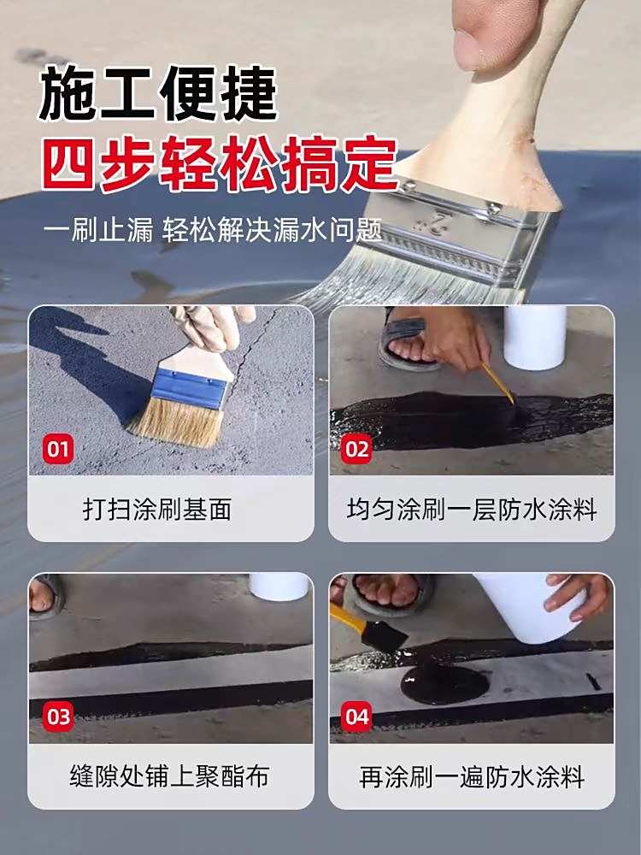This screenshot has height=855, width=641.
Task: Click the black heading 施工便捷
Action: pyautogui.click(x=159, y=93)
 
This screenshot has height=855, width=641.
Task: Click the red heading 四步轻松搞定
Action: pyautogui.click(x=221, y=163)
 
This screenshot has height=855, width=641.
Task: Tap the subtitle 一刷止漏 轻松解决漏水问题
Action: pyautogui.click(x=213, y=229)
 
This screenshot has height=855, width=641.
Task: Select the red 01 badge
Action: pyautogui.click(x=58, y=449)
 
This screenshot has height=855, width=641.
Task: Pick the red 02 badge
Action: pyautogui.click(x=357, y=449)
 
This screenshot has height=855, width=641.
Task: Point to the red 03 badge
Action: pyautogui.click(x=58, y=716)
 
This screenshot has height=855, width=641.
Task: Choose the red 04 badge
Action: pyautogui.click(x=357, y=716)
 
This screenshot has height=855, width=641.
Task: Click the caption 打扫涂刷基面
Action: pyautogui.click(x=157, y=509)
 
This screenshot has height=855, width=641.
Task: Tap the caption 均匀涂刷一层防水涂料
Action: pyautogui.click(x=472, y=509)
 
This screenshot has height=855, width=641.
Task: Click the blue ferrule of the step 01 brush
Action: pyautogui.click(x=190, y=387)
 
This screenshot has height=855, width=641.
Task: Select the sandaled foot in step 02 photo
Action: pyautogui.click(x=409, y=341)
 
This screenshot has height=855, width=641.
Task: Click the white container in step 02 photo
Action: pyautogui.click(x=535, y=337)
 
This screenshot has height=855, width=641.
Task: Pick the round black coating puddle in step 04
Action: pyautogui.click(x=444, y=682)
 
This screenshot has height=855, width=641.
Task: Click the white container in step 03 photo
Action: pyautogui.click(x=279, y=587)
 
